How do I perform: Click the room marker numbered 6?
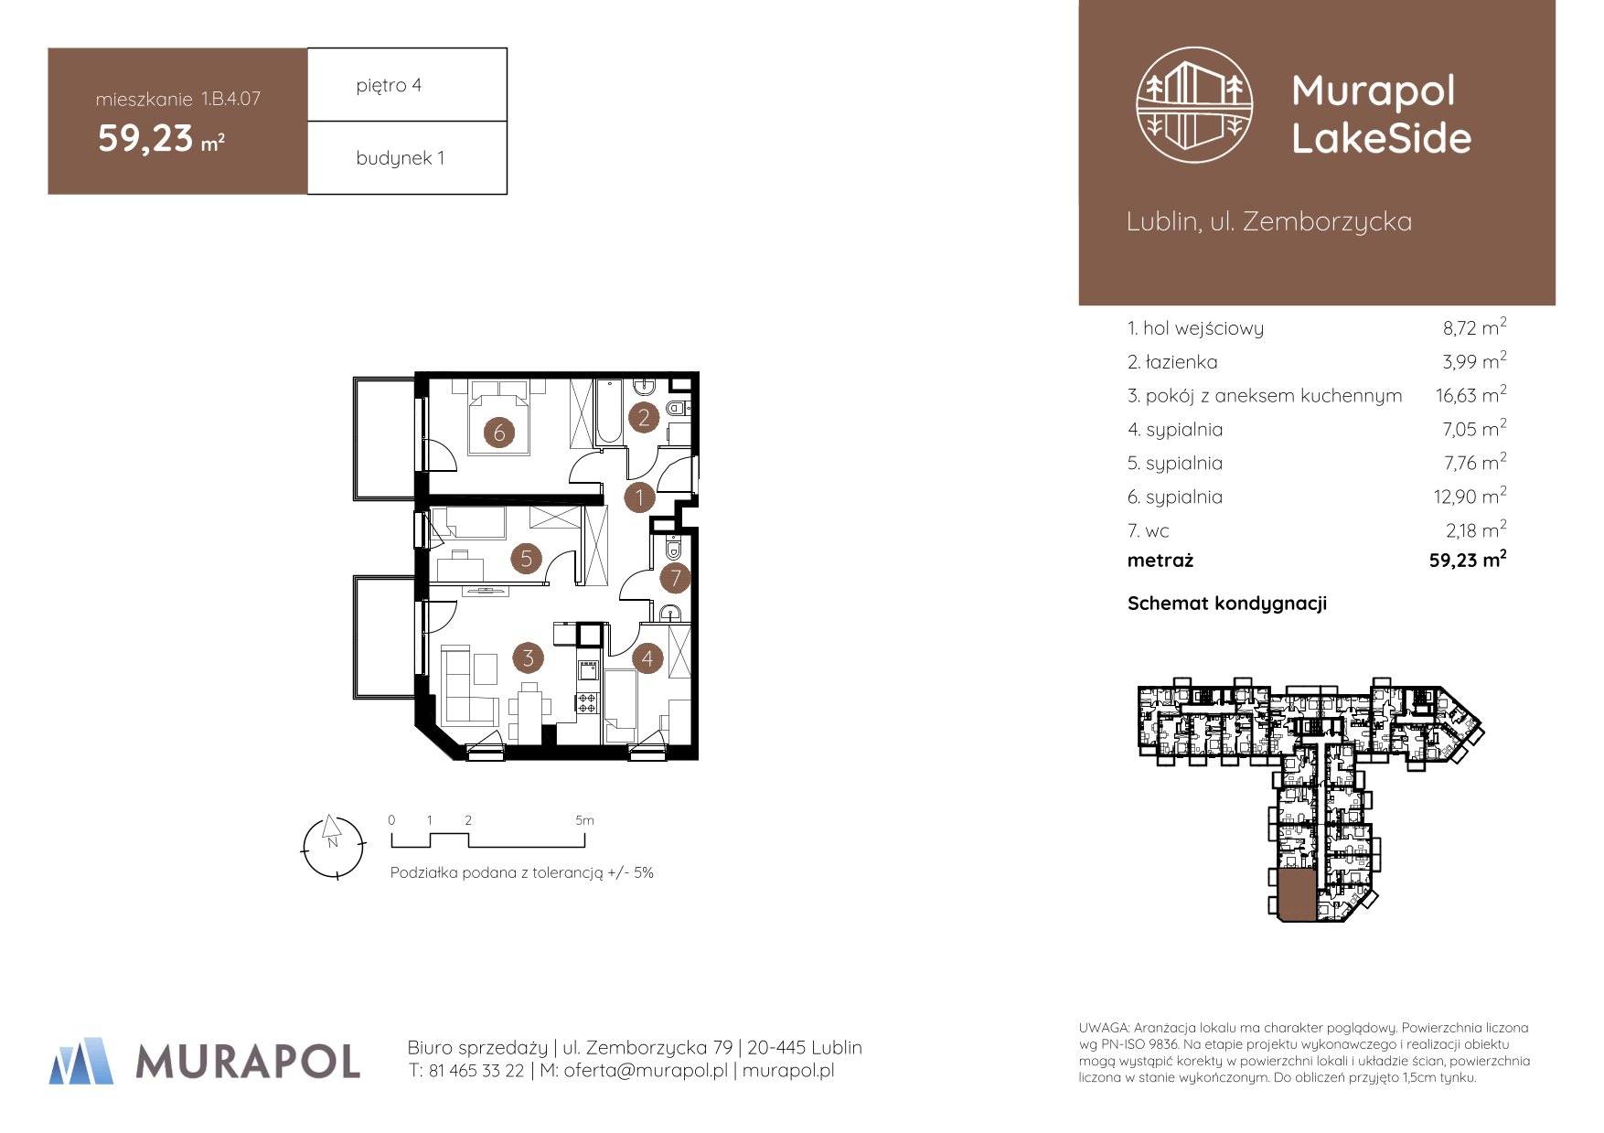coord(499,432)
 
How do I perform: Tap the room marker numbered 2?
coord(644,418)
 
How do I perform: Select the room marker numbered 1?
coord(639,498)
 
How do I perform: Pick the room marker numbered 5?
coord(526,558)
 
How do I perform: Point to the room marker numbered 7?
coord(676,577)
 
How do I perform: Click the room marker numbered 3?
coord(528,657)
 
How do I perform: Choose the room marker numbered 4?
coord(647,657)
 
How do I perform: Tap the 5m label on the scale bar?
coord(584,820)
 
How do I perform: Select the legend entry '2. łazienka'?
coord(1172,362)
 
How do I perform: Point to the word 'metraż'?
coord(1160,561)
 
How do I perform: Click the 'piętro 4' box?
coord(407,84)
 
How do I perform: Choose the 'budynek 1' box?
coord(407,157)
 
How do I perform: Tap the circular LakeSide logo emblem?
coord(1193,106)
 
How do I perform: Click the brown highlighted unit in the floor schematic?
coord(1297,895)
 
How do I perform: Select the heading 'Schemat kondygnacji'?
coord(1226,604)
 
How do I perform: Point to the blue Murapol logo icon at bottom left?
coord(81,1061)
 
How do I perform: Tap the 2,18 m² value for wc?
coord(1475,530)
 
